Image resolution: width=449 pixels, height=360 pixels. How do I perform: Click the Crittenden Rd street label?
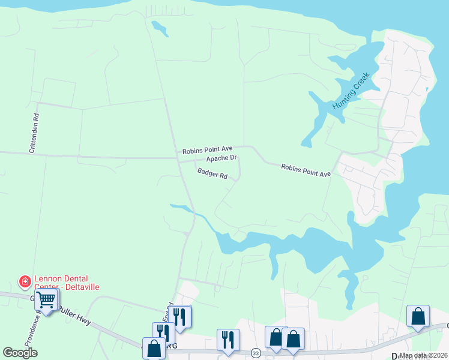pos(35,133)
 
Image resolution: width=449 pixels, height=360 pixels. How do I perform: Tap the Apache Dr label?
pos(221,158)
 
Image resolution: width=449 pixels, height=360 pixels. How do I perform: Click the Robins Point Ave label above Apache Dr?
pos(207,149)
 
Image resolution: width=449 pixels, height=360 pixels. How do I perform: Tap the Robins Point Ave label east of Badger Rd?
pos(306,170)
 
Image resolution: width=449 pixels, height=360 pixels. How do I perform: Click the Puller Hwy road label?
pos(75,317)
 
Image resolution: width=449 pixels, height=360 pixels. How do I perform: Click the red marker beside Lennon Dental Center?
pos(25,281)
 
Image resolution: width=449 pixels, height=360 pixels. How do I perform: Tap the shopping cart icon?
pos(46,299)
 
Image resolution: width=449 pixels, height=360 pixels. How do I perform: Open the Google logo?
pos(20,352)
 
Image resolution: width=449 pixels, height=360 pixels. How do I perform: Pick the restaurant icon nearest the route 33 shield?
pos(228,340)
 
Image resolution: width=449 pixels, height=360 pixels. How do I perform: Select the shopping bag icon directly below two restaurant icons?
pos(154,347)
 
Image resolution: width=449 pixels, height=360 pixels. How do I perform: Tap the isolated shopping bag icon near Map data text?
pos(418,316)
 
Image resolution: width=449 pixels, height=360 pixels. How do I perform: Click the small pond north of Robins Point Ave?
pos(160,28)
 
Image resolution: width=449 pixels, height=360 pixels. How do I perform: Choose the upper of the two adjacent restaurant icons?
pos(179,316)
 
